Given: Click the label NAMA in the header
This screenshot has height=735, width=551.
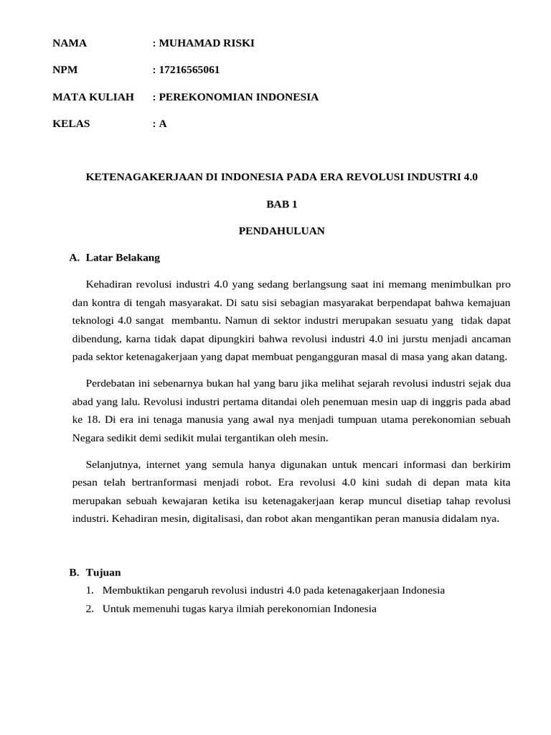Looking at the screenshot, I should pos(70,43).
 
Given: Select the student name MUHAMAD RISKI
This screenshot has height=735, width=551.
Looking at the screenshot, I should pos(207,43).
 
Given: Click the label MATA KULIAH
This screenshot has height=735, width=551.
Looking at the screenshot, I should pos(93,97).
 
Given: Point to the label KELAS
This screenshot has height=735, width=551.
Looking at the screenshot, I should pos(72,123).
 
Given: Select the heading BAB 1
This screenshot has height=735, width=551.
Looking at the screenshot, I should pos(281,204).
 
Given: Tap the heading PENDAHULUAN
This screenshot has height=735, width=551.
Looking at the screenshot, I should pos(281,230).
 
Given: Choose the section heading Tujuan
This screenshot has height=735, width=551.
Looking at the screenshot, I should pos(103,572).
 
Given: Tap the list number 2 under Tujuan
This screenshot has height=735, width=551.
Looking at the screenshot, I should pos(89,608).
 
